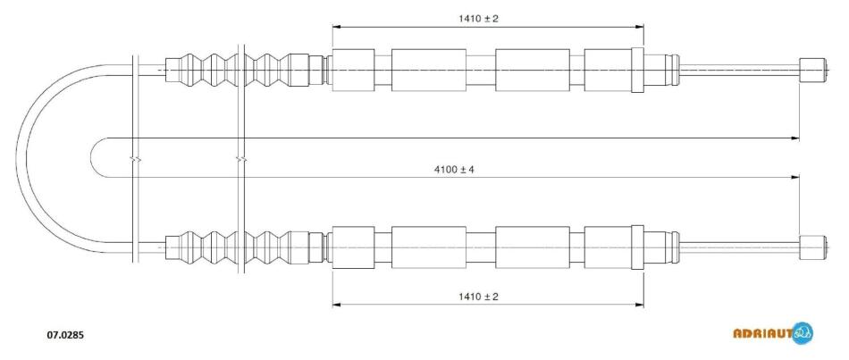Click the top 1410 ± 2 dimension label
point(478,19)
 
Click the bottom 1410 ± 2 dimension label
point(478,296)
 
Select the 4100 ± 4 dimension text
point(454,170)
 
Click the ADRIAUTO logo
point(773,332)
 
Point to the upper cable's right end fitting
point(813,70)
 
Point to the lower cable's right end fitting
point(813,247)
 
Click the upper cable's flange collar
point(637,70)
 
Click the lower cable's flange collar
point(637,247)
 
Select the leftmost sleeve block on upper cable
point(353,70)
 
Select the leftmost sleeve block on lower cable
point(353,247)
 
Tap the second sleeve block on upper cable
point(429,70)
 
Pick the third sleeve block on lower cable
point(533,247)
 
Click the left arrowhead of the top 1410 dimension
point(336,26)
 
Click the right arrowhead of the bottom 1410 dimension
point(640,305)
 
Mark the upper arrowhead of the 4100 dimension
point(795,138)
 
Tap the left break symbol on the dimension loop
point(135,160)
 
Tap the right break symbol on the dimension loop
point(241,160)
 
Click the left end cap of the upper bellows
point(172,70)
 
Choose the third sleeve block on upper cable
point(533,70)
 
